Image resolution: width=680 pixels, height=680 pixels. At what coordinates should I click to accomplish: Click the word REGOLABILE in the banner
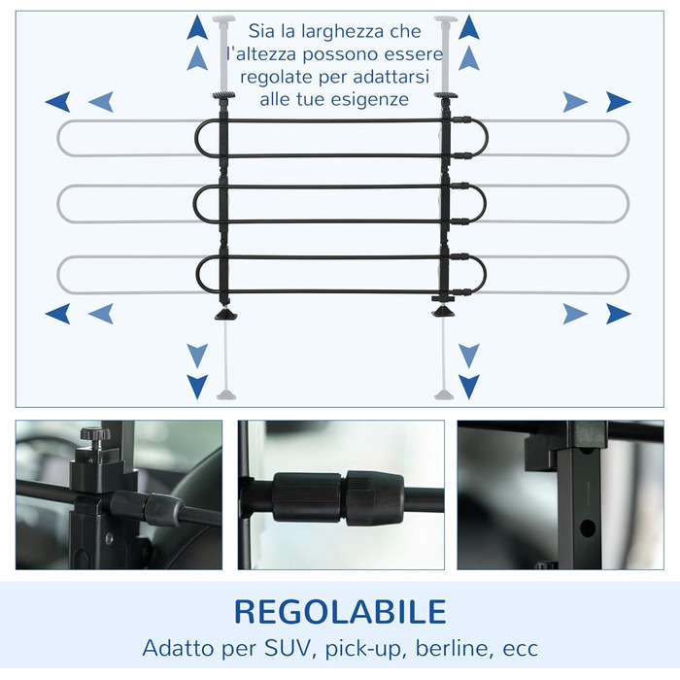point(340,611)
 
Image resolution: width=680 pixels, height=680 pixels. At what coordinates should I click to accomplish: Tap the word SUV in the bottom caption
point(288,648)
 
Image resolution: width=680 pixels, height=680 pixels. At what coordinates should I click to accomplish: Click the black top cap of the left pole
point(223,95)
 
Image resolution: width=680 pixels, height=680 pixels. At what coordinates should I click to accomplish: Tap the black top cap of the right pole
point(446,95)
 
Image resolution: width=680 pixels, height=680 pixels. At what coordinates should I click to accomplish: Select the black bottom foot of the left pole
point(226,314)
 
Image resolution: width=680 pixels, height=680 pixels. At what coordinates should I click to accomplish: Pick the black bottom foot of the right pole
point(443,311)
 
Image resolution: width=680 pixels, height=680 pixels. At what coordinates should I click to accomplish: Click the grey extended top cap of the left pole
point(223,18)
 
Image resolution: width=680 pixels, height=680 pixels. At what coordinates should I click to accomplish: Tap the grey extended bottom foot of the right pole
point(444,394)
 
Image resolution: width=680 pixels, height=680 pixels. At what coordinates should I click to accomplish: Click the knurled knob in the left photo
point(92,433)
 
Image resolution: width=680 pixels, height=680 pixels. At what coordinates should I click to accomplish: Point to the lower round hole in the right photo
point(587,527)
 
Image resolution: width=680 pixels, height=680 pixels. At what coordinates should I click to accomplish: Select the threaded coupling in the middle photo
point(338,497)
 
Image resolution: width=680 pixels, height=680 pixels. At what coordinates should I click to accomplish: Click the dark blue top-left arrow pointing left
point(57,102)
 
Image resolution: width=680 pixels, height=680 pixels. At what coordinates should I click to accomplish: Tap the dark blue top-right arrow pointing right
point(618,102)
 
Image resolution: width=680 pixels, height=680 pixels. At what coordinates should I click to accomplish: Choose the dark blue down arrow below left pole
point(197,387)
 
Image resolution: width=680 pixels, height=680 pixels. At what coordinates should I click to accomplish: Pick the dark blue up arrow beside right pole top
point(469,27)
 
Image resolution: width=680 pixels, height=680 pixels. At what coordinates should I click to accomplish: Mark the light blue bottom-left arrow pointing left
point(101,314)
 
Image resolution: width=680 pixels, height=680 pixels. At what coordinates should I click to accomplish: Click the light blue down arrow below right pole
point(469,357)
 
